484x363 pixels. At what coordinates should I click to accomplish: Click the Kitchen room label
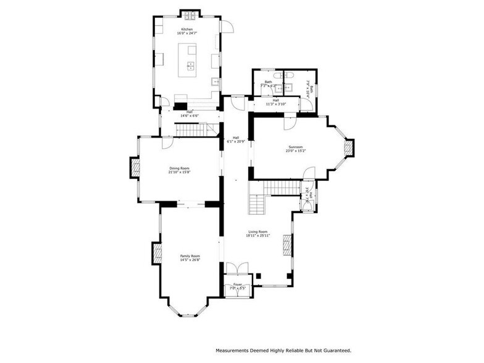[x=187, y=30]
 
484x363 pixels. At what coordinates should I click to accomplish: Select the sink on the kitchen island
[x=191, y=65]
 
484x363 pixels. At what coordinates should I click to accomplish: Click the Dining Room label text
[x=179, y=168]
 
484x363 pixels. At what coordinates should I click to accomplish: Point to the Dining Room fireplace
[x=133, y=168]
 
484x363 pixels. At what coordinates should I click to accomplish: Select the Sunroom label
[x=294, y=147]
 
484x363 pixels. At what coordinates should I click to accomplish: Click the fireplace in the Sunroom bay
[x=349, y=148]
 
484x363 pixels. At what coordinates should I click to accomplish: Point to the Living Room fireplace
[x=286, y=244]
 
